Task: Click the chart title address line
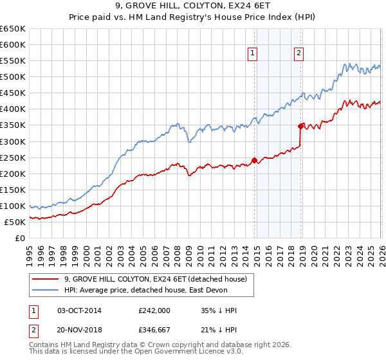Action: pos(192,7)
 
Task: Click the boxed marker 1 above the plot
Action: pos(253,54)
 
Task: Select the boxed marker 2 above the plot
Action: pos(300,54)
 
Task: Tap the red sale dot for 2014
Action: pos(254,159)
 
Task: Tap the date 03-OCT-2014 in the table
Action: pos(79,310)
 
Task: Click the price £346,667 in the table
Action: pos(154,331)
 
